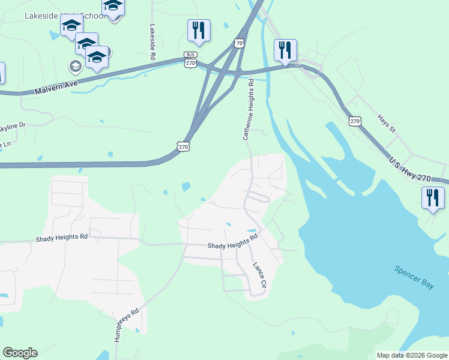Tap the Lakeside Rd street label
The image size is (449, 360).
coord(153,41)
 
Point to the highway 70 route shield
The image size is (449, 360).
coord(240,44)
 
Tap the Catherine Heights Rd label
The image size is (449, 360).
coord(249,112)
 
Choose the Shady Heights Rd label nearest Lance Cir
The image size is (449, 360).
coord(232,241)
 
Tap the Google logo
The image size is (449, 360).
coord(20,352)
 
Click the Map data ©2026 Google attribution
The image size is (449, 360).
coord(412,355)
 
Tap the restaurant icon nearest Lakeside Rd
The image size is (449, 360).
coord(199,30)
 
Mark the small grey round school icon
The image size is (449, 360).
coord(76,66)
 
